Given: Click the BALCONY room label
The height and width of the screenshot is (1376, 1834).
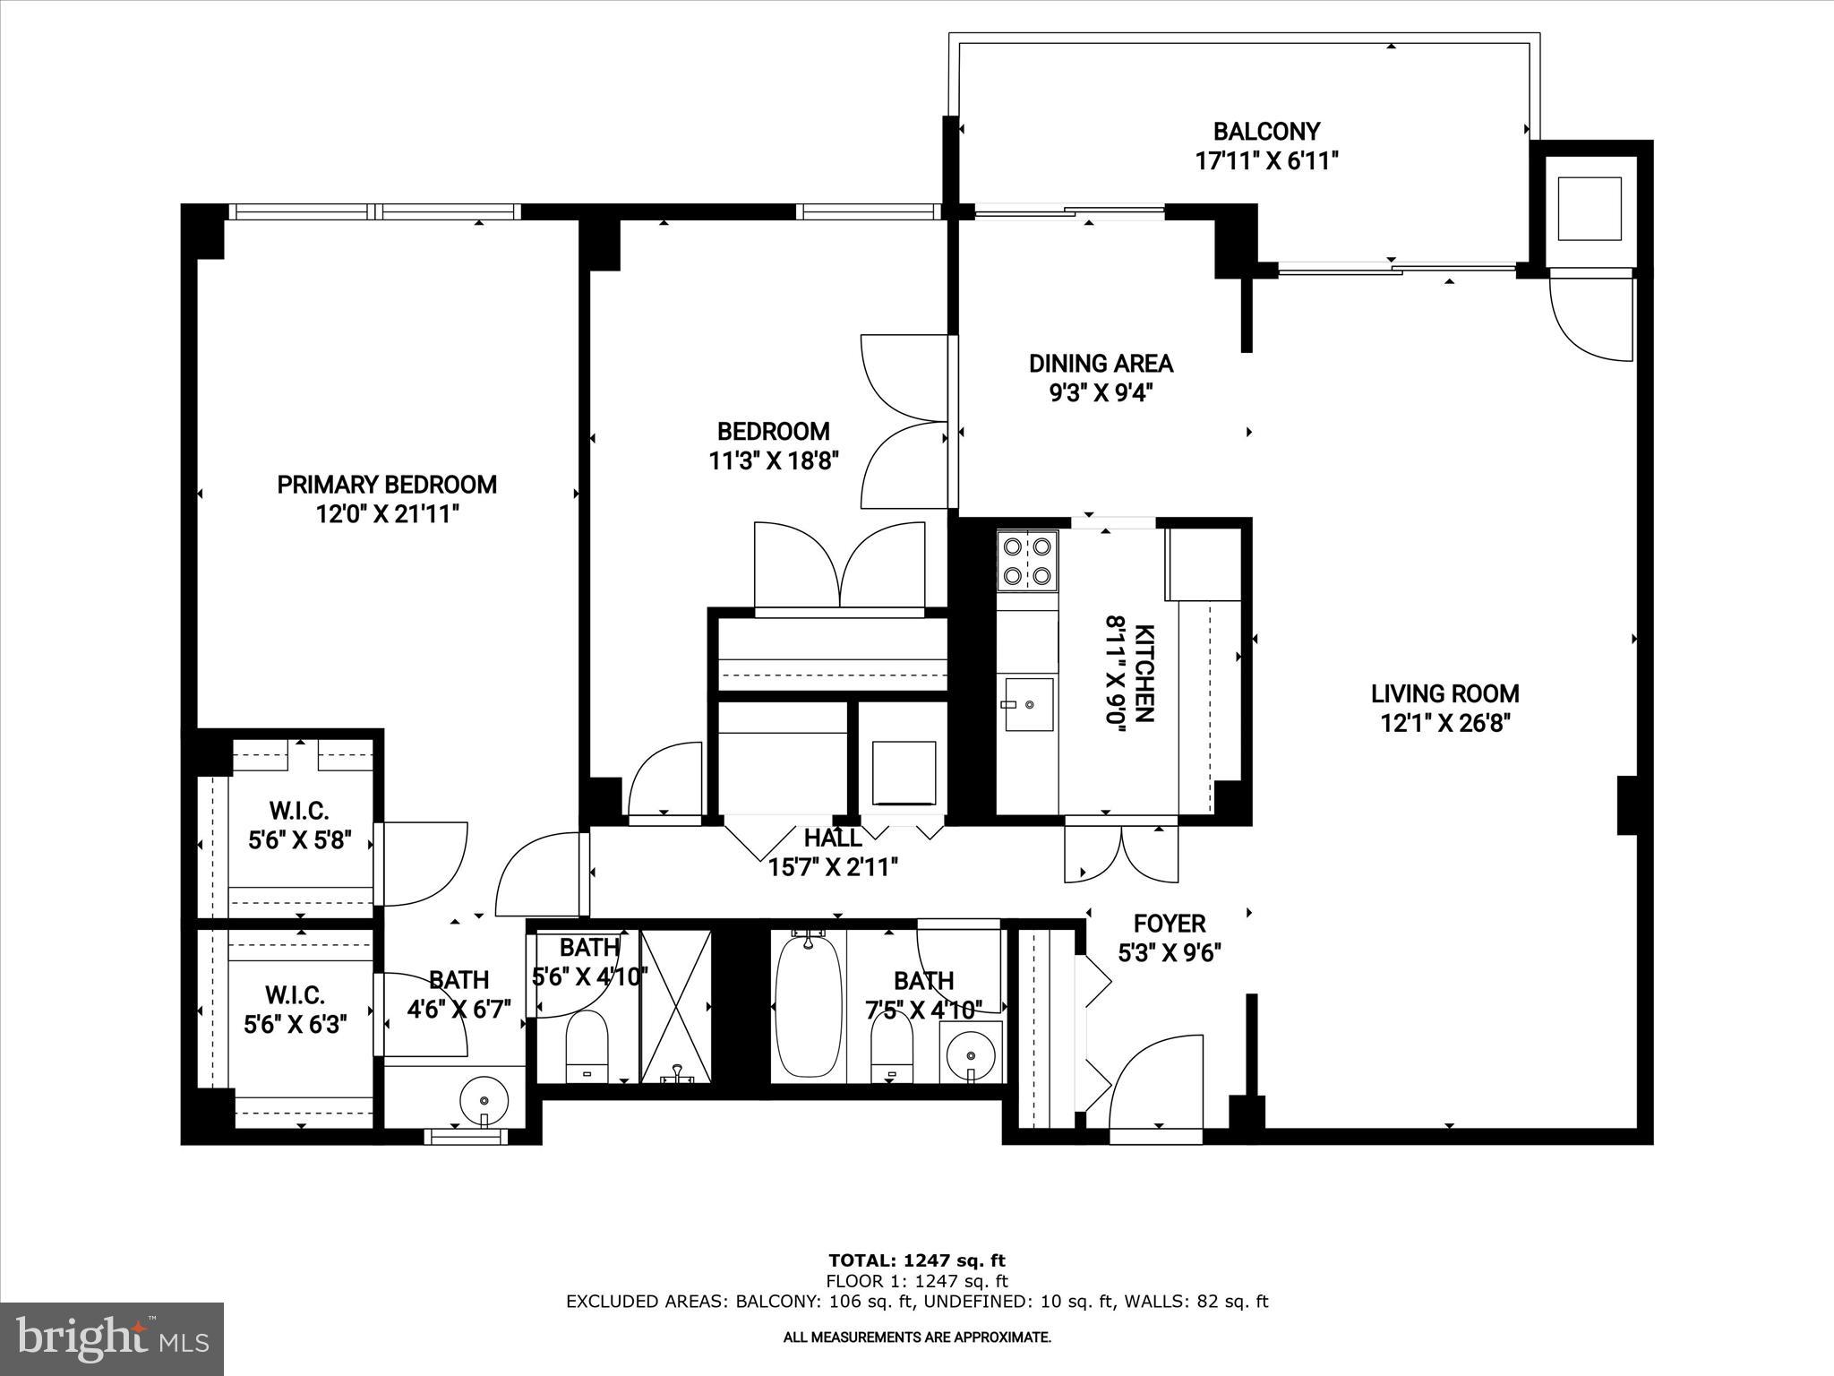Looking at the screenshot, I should coord(1265,133).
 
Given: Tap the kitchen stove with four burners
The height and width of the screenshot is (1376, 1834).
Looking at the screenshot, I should coord(1027,561).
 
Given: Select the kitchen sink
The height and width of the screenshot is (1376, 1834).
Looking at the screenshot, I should coord(1028,704).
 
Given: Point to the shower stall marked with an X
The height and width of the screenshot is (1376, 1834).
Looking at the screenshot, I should coord(677,1005).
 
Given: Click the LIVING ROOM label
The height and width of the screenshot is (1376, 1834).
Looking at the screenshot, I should coord(1444,693).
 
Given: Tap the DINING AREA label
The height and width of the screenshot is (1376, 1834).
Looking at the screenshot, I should coord(1100,364).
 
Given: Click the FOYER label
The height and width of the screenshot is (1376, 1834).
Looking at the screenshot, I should coord(1169,924).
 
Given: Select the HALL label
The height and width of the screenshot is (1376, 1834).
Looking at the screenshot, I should coord(833,838).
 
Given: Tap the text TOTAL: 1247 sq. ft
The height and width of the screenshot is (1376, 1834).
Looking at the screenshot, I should coord(917,1260).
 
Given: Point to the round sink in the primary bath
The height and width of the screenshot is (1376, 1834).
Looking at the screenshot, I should coord(484,1100).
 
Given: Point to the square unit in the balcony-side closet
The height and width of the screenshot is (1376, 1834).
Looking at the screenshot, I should coord(1590,209).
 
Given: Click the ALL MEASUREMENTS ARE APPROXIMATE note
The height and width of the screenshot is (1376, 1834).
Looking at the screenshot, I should coord(917,1337).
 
